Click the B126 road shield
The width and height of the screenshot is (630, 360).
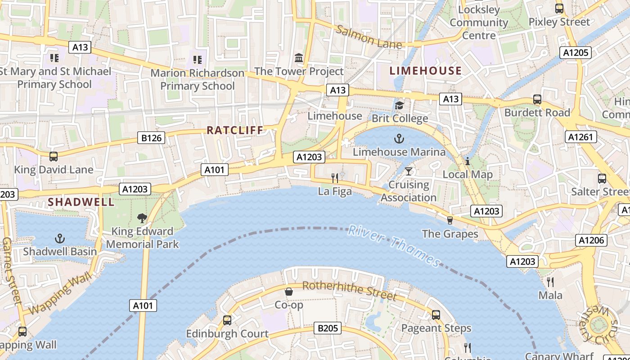click(151, 138)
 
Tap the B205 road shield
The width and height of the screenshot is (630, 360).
click(328, 328)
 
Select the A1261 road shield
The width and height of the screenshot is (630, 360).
click(580, 137)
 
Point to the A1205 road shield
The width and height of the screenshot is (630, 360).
click(576, 53)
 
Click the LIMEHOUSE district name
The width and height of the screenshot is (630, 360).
click(425, 71)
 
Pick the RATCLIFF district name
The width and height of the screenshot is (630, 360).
click(234, 130)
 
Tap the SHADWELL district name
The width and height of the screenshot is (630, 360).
click(81, 202)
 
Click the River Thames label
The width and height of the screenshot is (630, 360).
click(394, 246)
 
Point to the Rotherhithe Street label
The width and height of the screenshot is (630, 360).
click(349, 290)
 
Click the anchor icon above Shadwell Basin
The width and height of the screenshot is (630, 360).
click(60, 238)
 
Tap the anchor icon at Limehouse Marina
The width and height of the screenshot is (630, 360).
click(399, 138)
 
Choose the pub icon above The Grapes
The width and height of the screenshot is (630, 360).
click(449, 220)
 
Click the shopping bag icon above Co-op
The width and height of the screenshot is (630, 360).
click(289, 292)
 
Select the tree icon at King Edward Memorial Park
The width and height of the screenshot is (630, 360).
click(142, 218)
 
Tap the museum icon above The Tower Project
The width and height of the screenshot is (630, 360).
click(299, 58)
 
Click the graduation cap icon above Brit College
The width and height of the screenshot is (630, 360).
click(399, 105)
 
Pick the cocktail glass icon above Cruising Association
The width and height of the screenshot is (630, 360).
click(408, 171)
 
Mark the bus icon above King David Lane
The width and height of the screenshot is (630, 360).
click(54, 156)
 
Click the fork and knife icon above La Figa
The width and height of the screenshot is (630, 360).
click(335, 178)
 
